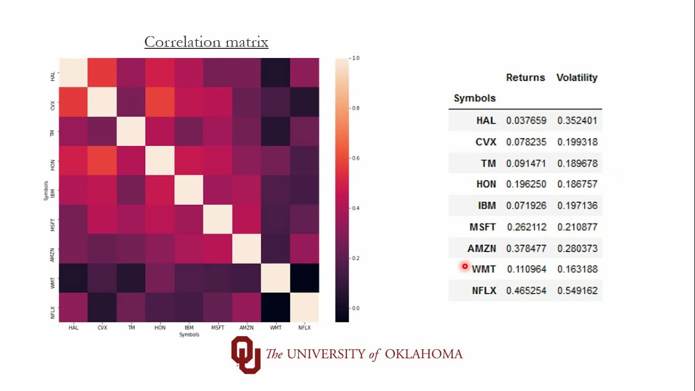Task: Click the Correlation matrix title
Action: pos(206,42)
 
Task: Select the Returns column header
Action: pos(525,78)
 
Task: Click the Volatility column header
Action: pos(577,78)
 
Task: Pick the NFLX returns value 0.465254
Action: pos(526,291)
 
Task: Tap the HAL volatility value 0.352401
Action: pos(577,121)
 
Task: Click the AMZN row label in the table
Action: pos(482,248)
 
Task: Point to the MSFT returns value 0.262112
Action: pos(526,227)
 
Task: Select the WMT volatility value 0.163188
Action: pos(577,269)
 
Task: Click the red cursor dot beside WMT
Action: pos(465,266)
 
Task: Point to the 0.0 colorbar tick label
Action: pos(355,308)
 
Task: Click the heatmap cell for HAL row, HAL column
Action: pos(73,73)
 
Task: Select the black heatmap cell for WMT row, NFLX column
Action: pos(305,278)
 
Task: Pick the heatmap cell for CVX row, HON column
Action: pos(160,102)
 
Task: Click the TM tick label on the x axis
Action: pos(131,328)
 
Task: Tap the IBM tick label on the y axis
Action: pos(53,190)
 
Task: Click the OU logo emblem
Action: pos(245,355)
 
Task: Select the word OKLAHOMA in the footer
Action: pos(424,355)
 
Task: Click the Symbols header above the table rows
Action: pos(475,98)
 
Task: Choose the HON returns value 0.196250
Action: pos(526,184)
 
